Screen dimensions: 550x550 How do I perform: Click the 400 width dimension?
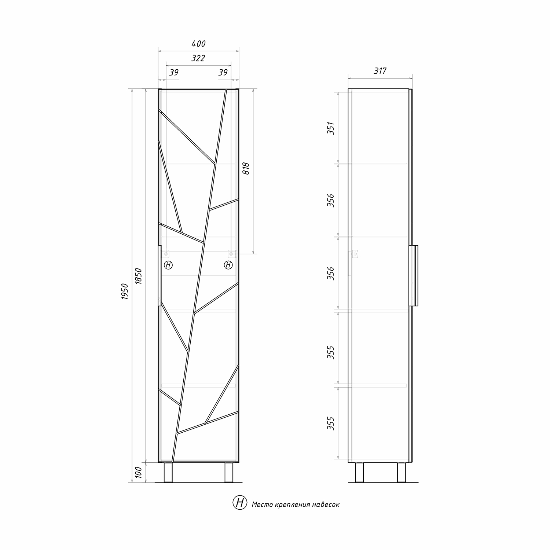coord(198,44)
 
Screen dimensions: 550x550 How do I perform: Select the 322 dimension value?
coord(198,58)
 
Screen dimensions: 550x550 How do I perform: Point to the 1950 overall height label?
coord(125,292)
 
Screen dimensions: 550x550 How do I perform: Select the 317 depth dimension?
coord(380,71)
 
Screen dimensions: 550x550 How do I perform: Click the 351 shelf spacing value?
coord(331,128)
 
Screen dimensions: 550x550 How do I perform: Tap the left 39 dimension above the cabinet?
coord(173,72)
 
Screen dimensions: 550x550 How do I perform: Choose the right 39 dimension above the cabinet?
coord(223,72)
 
